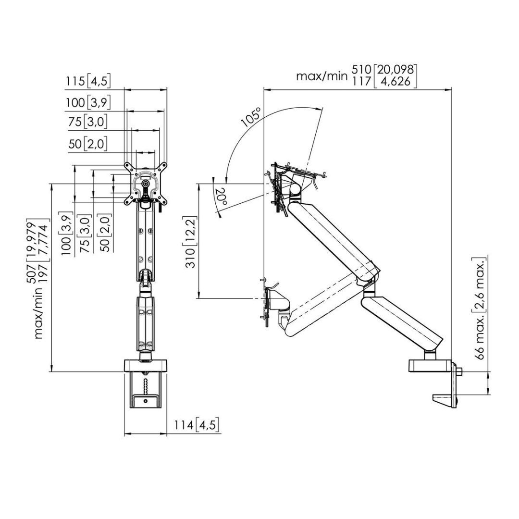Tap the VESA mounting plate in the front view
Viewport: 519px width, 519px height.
146,184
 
